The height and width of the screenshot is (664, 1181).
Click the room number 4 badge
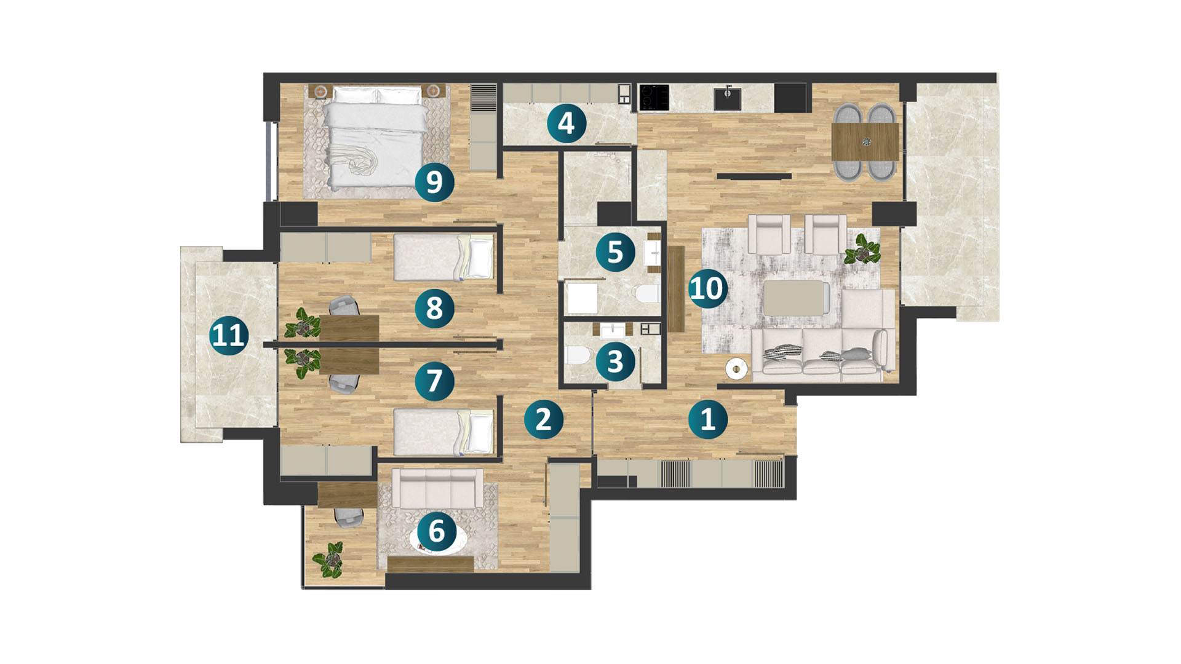point(566,123)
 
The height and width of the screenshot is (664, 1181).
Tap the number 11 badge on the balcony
point(229,336)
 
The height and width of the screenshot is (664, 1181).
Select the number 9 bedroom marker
point(434,182)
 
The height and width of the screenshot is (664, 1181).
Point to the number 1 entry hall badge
point(707,419)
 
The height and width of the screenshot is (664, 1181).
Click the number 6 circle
point(436,531)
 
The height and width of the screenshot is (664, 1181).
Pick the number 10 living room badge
point(707,288)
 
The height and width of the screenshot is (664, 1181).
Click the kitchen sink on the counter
point(728,97)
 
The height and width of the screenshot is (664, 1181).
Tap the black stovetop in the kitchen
point(654,97)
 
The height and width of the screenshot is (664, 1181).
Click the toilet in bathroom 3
point(577,356)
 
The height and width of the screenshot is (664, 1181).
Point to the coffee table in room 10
point(794,298)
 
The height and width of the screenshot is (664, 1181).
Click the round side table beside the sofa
point(736,369)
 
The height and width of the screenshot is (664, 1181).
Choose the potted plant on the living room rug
point(862,250)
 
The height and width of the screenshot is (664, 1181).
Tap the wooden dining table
point(865,142)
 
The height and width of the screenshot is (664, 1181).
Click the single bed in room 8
point(443,257)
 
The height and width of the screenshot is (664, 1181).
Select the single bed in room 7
point(443,432)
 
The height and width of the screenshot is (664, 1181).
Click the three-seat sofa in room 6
point(437,488)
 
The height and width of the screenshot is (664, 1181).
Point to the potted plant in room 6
point(328,560)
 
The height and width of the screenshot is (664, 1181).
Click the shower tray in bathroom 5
point(582,298)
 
